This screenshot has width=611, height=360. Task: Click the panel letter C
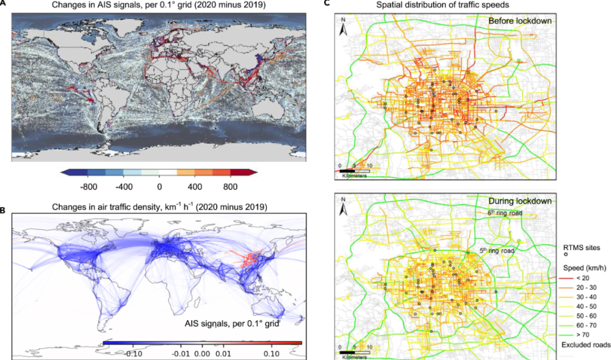(x=327, y=3)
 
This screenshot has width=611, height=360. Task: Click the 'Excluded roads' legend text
(x=586, y=344)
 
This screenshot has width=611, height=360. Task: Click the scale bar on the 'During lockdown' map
(x=354, y=353)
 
